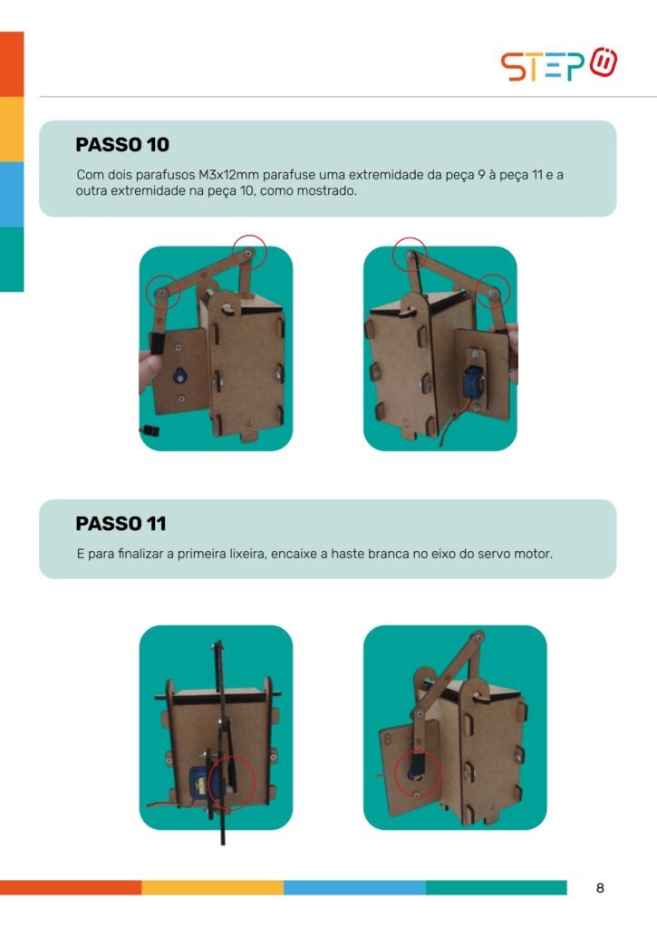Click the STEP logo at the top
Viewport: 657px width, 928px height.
559,64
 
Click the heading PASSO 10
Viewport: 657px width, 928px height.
122,144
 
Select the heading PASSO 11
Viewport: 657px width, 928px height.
121,523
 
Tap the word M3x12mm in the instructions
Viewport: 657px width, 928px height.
228,175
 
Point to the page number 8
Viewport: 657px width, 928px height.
600,888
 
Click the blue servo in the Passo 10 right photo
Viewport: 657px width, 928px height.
474,382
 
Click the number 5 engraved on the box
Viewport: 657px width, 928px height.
406,422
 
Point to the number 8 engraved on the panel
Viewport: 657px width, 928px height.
388,739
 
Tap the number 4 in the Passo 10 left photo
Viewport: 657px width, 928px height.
248,423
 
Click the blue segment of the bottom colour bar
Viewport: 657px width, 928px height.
354,888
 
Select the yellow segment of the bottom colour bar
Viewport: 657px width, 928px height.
212,888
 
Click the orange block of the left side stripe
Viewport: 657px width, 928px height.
12,64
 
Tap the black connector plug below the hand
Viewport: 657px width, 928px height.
150,430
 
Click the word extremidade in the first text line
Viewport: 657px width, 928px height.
385,175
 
